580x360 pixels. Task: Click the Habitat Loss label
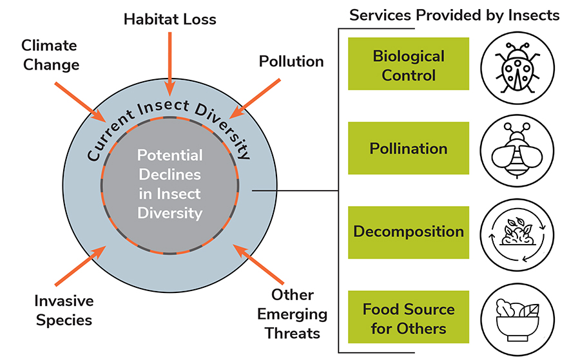169,19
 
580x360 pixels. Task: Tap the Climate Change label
50,55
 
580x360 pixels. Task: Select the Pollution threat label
291,61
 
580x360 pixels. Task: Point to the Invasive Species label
64,310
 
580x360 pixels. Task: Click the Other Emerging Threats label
292,314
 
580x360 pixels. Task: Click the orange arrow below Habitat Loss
169,64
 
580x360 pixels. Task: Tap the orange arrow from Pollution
255,99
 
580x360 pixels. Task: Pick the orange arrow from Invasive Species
81,266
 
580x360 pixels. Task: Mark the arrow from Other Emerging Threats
258,264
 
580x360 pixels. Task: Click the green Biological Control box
409,64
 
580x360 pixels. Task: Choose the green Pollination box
409,148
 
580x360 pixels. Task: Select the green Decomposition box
409,232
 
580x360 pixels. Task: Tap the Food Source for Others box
409,317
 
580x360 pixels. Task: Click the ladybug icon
517,68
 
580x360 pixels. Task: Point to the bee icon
517,151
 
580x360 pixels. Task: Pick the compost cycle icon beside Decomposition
517,235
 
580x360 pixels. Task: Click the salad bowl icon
517,319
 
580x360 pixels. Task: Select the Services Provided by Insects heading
454,15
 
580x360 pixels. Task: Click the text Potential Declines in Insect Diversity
169,184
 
